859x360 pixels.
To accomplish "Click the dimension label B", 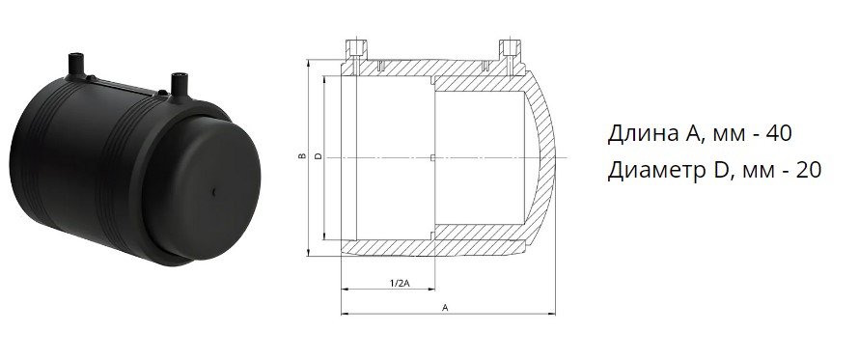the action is click(x=301, y=156).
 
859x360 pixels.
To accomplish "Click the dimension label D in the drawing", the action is click(x=319, y=156).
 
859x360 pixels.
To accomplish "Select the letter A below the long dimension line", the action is click(x=445, y=308).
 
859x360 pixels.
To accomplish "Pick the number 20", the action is click(x=807, y=171).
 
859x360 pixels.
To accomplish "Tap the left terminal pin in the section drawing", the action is click(x=355, y=55).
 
